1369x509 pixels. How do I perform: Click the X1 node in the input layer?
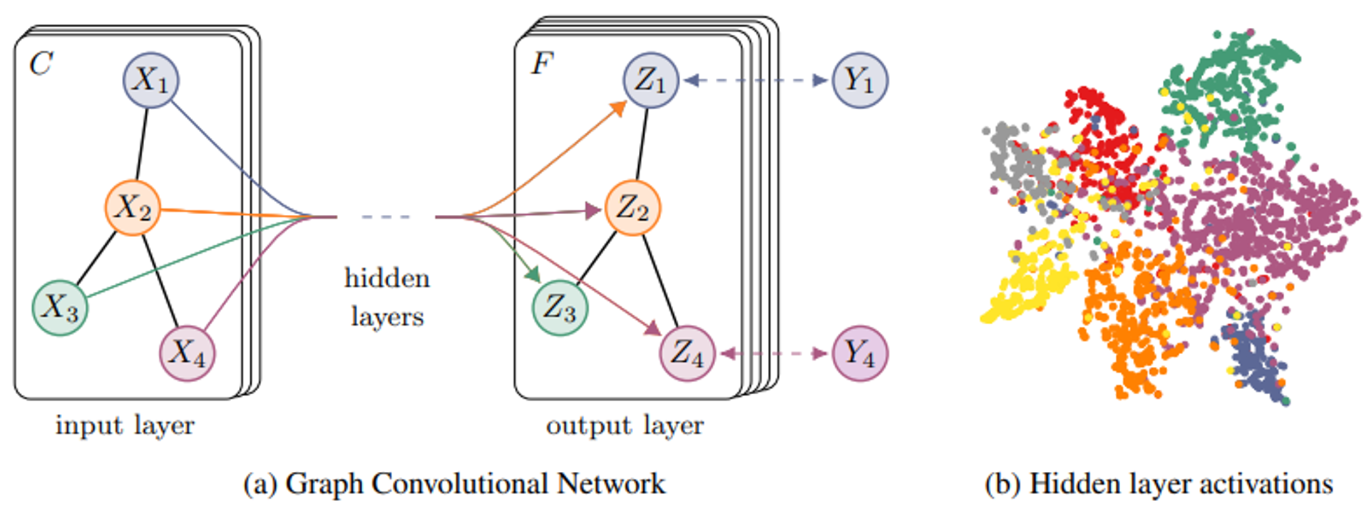click(150, 80)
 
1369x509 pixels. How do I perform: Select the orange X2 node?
click(133, 208)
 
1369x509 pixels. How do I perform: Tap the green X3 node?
click(60, 308)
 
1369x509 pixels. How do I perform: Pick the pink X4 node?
click(187, 353)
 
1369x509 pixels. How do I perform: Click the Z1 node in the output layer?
click(650, 80)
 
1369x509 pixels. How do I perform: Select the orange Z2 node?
click(632, 208)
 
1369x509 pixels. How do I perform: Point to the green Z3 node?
click(560, 308)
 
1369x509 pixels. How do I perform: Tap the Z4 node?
click(687, 353)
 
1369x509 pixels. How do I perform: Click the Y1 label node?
click(860, 80)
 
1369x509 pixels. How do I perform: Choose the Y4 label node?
click(860, 353)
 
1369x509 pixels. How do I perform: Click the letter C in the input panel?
click(41, 64)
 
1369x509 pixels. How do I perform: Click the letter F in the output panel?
click(541, 64)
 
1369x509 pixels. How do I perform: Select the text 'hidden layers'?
click(387, 297)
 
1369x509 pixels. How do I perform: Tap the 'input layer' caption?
click(125, 425)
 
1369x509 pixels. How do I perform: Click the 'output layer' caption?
click(625, 425)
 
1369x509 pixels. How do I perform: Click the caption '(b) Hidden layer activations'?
click(1159, 484)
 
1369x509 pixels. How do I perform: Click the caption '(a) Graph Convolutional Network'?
click(454, 484)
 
